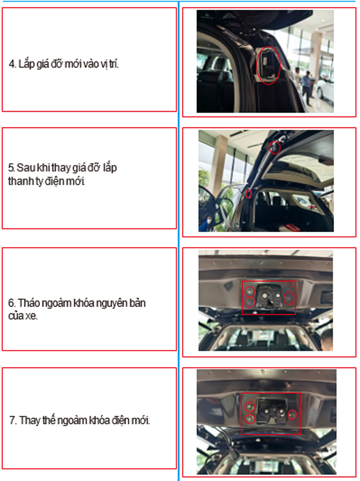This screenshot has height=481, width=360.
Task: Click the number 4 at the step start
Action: (x=11, y=64)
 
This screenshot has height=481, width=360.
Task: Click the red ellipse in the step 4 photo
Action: (x=269, y=65)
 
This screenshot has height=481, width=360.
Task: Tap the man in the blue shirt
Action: (x=307, y=87)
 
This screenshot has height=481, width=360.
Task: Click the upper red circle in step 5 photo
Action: (x=275, y=147)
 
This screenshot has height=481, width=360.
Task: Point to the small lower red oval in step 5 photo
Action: (x=248, y=194)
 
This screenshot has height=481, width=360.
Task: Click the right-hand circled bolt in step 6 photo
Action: (x=289, y=298)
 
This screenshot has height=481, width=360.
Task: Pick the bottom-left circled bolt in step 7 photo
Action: (x=250, y=419)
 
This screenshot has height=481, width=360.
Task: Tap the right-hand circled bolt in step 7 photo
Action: (x=292, y=415)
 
